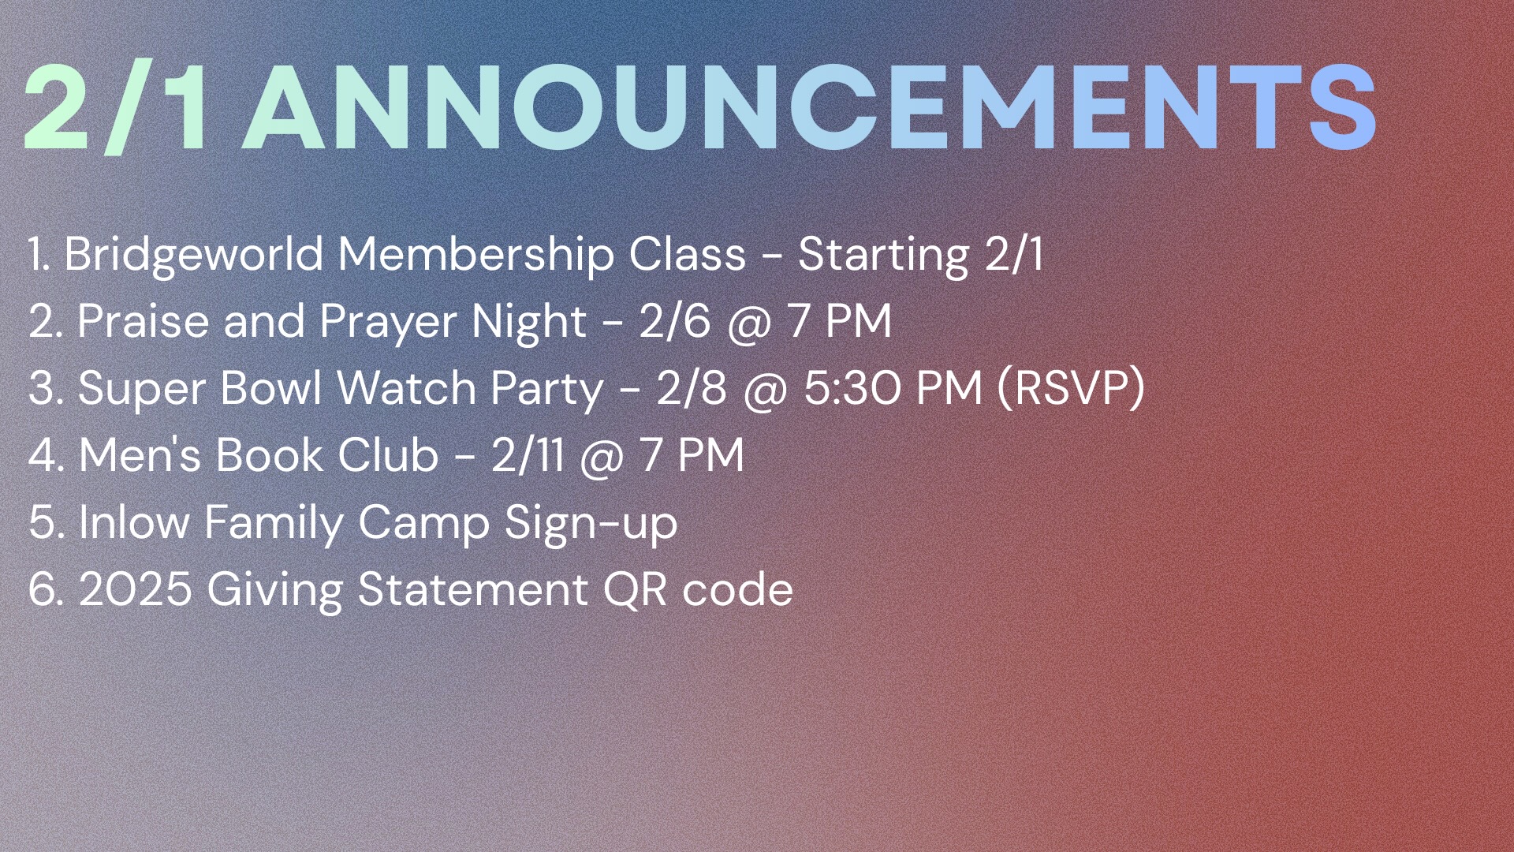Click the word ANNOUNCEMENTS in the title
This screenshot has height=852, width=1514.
(x=813, y=107)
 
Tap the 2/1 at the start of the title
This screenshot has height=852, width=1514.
(x=117, y=107)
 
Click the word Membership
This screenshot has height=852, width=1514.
(x=476, y=255)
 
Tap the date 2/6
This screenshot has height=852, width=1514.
(x=675, y=322)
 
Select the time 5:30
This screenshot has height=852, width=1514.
(x=852, y=389)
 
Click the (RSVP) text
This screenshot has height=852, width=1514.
(x=1071, y=389)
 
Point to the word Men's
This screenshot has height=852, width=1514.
(x=140, y=456)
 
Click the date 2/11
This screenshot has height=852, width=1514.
(x=528, y=456)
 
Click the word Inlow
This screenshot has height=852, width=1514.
(x=134, y=522)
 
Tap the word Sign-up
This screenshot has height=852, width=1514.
(x=591, y=524)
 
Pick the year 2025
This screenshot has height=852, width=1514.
(x=136, y=590)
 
